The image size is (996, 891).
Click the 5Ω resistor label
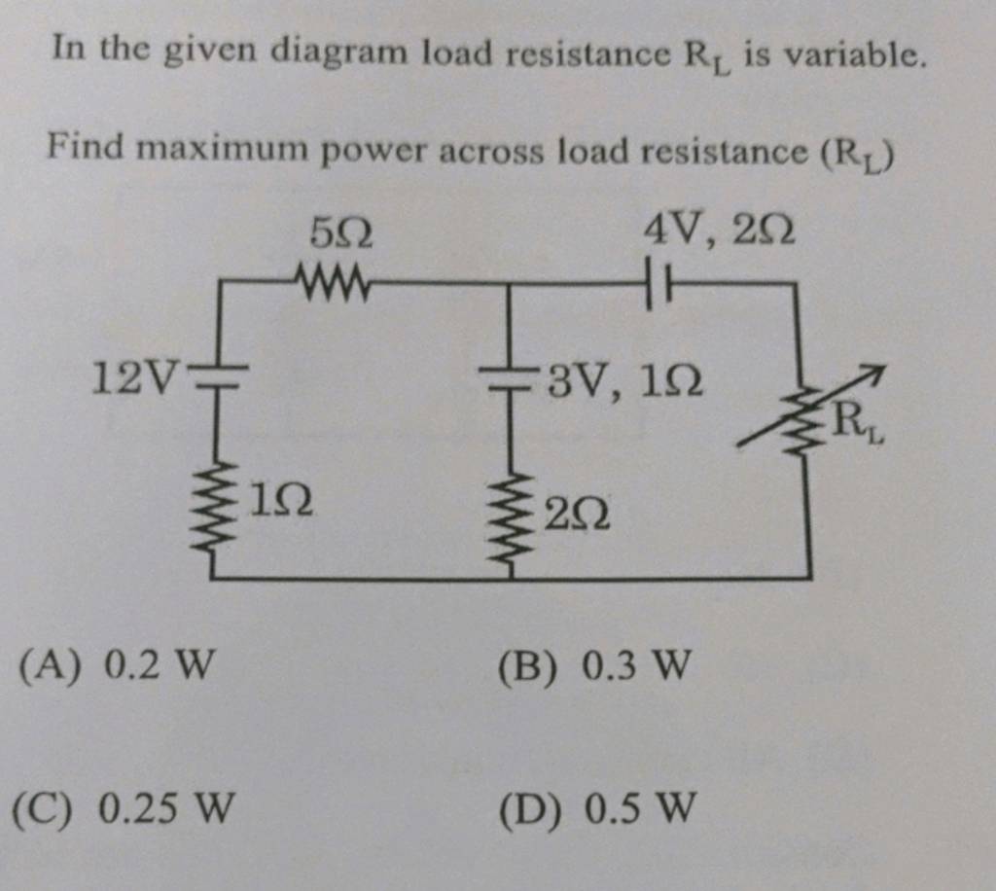[x=341, y=233]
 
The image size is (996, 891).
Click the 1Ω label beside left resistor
[x=281, y=501]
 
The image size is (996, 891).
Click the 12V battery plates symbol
[x=218, y=376]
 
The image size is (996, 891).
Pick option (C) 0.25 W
[x=124, y=808]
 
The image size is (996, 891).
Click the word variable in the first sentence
[x=853, y=55]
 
